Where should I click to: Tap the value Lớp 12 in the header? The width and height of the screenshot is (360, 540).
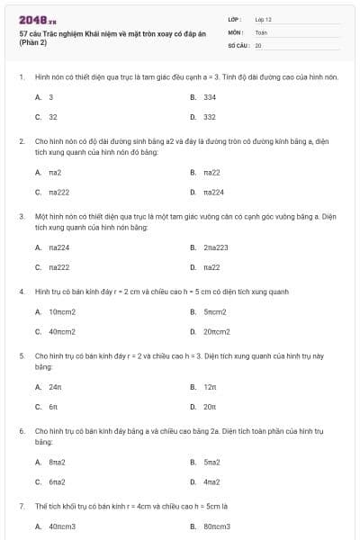pos(263,18)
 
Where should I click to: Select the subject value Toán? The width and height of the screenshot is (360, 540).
pos(261,31)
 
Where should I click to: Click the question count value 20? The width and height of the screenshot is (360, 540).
pos(258,44)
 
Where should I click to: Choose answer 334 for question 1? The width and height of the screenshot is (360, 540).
pos(209,96)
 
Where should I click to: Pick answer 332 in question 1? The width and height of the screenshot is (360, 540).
pos(209,117)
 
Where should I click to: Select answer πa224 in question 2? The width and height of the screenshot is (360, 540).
pos(213,192)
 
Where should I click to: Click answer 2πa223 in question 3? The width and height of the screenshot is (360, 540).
pos(215,247)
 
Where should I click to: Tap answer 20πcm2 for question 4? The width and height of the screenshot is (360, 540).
pos(218,332)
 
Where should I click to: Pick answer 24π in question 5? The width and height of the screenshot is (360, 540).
pos(55,386)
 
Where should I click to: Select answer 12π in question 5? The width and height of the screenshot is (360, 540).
pos(209,386)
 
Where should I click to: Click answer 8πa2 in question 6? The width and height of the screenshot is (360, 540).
pos(57,461)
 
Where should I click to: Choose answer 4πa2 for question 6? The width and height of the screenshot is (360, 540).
pos(211,481)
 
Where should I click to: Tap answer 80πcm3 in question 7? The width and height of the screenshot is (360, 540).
pos(217,526)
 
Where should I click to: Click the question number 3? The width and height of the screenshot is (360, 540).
pos(22,217)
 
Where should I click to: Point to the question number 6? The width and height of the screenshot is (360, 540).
pos(22,431)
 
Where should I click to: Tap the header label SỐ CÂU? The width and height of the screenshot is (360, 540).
pos(238,44)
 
